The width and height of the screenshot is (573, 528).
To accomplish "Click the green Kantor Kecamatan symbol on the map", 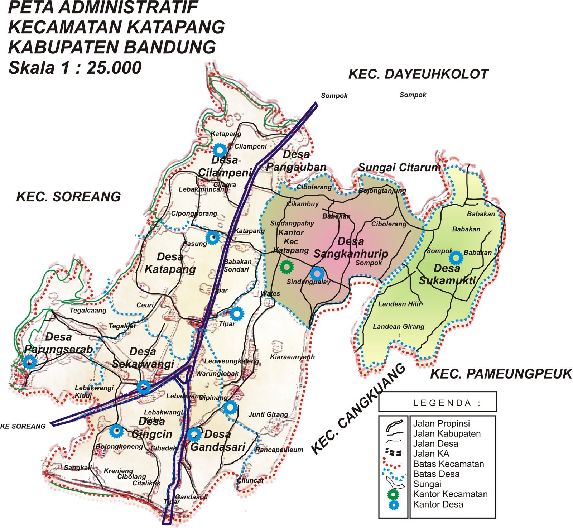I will coord(286,267).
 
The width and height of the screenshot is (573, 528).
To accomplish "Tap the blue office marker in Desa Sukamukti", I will coord(456,257).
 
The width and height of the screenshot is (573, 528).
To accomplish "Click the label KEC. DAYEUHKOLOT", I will coord(418,74).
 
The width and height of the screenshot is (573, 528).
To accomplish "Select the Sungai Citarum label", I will coord(399,167).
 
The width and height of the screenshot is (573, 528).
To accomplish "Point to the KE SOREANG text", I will coord(23,426).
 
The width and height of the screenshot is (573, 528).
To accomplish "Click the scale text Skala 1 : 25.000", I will coord(75,68).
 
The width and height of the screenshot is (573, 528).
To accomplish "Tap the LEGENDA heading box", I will coord(437,403).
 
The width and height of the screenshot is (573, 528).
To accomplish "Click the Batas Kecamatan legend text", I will coord(448,464).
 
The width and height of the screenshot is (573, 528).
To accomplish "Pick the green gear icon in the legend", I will coord(393,494).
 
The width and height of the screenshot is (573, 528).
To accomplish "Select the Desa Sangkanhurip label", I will coord(351,248).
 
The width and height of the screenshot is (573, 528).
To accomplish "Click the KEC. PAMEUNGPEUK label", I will coord(501,374).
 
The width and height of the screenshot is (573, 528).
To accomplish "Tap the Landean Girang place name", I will coord(398,326).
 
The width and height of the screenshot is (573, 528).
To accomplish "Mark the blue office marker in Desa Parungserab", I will coord(30,362).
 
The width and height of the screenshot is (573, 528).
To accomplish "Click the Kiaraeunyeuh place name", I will coord(292,357).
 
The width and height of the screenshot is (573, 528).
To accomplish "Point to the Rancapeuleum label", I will coord(279,450).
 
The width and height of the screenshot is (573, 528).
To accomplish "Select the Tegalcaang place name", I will coord(88,310).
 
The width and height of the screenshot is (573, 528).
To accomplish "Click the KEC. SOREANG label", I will coord(68,197).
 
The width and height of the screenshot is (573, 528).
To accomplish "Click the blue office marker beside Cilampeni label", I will coord(220,150).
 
